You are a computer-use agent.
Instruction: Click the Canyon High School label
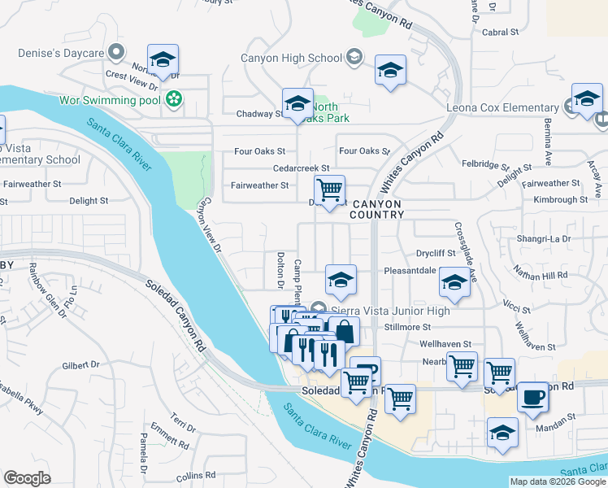coord(291,58)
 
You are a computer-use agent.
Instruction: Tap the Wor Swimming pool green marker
coord(173,100)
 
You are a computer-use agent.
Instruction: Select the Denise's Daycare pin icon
coord(116,53)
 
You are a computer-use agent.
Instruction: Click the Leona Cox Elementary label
coord(502,107)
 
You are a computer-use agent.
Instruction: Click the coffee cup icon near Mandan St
coord(532,397)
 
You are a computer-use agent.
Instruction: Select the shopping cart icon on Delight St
coord(328,190)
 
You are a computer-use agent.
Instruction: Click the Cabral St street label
coord(500,33)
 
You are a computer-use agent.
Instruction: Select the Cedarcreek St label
coord(301,168)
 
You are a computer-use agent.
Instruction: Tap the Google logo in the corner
coord(27,477)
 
